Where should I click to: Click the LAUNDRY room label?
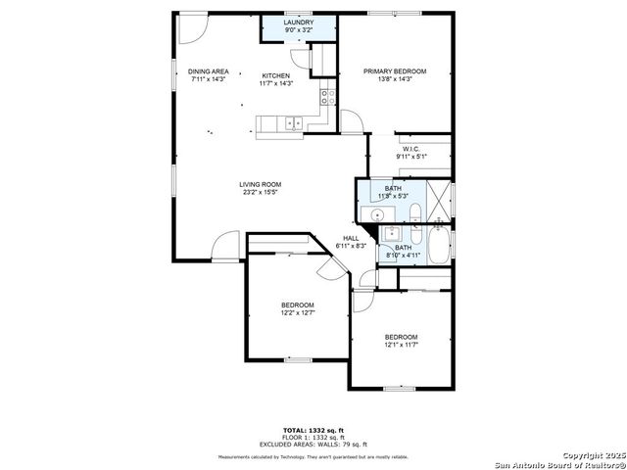299,22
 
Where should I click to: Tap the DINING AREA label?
208,71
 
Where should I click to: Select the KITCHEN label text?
275,75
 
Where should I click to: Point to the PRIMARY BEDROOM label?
395,71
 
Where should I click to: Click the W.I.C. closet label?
410,149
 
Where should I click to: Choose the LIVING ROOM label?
260,184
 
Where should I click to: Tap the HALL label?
350,238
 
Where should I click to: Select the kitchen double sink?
292,123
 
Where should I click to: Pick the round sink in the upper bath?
376,213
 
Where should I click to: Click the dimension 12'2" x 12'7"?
298,313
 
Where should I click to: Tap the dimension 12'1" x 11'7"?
401,345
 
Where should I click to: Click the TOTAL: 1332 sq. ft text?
313,430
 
